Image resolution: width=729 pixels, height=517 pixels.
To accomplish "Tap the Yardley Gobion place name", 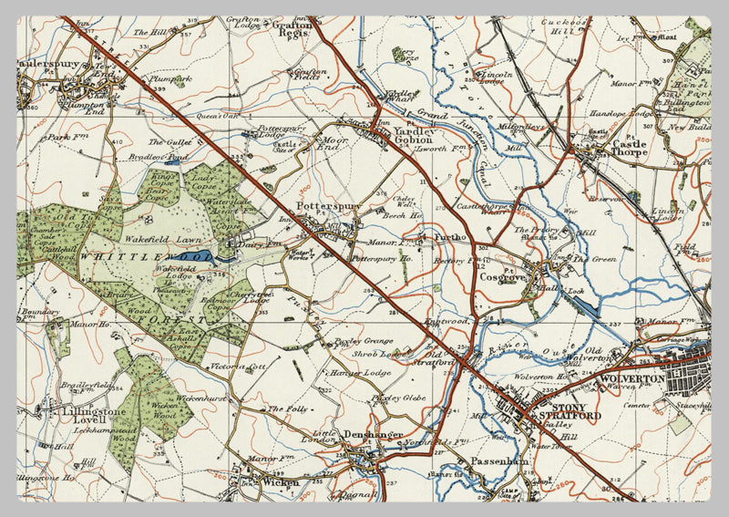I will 411,137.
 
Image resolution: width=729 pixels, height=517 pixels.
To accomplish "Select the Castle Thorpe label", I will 629,146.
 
